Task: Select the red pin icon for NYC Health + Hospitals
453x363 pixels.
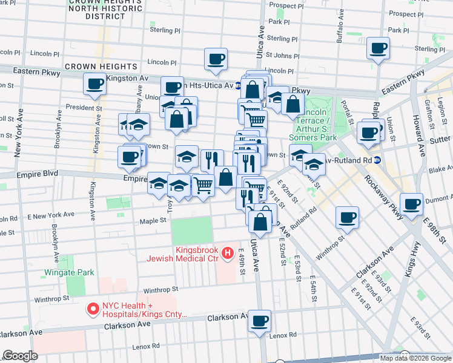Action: click(x=93, y=309)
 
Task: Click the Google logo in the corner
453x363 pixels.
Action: click(x=21, y=356)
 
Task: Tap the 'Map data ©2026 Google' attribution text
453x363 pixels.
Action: click(x=415, y=358)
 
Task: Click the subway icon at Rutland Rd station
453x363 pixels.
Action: click(x=377, y=160)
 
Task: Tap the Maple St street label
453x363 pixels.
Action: click(x=154, y=221)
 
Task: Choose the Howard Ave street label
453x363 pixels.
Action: click(x=416, y=128)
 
